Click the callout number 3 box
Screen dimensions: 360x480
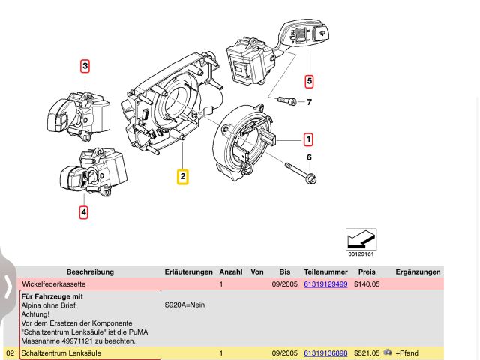[85, 66]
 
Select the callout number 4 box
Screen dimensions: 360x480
[83, 212]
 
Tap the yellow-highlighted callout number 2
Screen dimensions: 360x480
[183, 177]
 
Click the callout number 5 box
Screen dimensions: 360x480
[309, 80]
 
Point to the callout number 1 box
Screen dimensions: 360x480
[308, 139]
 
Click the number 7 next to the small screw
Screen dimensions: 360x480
[308, 101]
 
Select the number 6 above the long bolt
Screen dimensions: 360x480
[308, 157]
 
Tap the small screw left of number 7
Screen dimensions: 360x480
[286, 100]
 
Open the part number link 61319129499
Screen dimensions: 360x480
[325, 285]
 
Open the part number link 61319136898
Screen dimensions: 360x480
[325, 352]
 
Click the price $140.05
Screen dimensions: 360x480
[368, 285]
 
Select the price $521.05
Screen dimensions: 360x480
[368, 352]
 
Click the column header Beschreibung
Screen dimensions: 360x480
[90, 271]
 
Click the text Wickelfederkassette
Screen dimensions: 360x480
[53, 285]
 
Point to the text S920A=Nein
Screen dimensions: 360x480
[184, 305]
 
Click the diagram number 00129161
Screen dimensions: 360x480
[361, 254]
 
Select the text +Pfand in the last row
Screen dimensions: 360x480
[409, 352]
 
